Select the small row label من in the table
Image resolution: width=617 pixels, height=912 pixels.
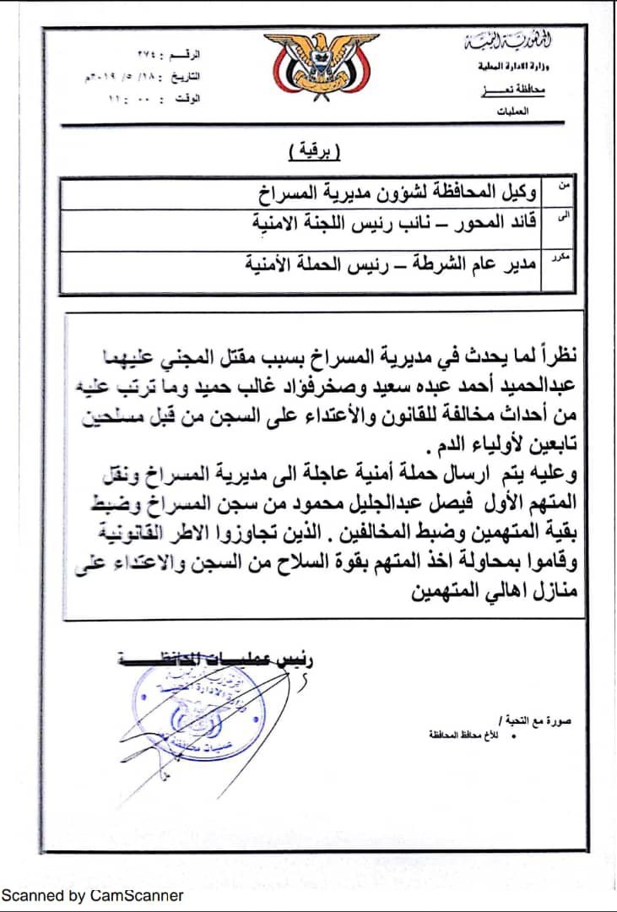point(564,182)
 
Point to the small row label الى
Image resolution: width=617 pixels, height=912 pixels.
point(564,216)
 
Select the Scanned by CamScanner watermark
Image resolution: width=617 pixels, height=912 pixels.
point(92,895)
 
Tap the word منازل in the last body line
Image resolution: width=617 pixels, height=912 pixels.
point(555,593)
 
